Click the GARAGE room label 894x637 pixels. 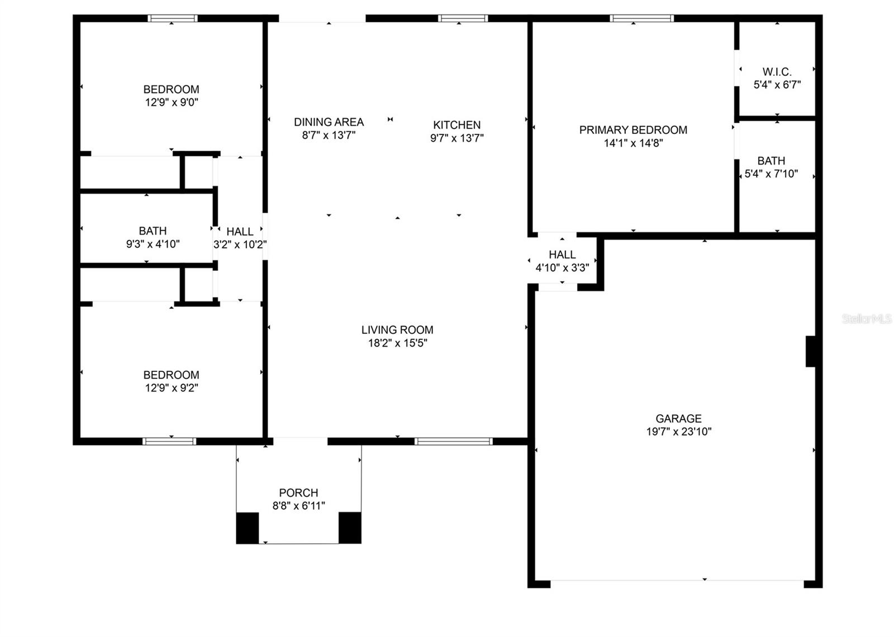point(678,418)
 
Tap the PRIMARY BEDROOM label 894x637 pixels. point(633,130)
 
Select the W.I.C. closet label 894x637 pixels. point(777,72)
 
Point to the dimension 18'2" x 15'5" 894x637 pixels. point(397,343)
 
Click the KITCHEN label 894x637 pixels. point(456,125)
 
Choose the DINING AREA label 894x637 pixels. point(329,122)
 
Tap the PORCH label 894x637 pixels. point(298,493)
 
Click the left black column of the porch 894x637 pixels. point(247,528)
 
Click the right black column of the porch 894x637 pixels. point(350,528)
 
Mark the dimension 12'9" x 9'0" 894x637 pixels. point(172,102)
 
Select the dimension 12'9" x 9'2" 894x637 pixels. point(172,388)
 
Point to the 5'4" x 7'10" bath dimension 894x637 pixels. point(771,174)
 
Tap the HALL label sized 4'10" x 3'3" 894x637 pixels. point(562,255)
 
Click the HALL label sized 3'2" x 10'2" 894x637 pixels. point(240,232)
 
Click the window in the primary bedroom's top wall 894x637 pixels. point(641,18)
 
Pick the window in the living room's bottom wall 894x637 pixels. point(453,442)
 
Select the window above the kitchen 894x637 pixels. point(463,18)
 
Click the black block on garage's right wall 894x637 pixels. point(810,351)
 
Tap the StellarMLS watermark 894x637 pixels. point(866,319)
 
